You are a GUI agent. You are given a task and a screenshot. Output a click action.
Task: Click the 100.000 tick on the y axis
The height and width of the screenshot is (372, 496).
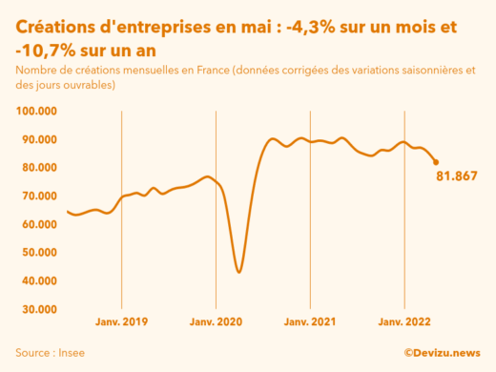[x=34, y=112]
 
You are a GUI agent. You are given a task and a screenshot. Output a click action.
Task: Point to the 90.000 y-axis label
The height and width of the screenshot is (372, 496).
[x=36, y=140]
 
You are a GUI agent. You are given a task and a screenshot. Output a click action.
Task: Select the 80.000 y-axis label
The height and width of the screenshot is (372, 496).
[x=36, y=168]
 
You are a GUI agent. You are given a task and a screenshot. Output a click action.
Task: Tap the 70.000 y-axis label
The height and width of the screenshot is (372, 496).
[x=36, y=196]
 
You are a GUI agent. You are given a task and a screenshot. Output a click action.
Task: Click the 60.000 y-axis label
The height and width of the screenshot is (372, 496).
[x=36, y=225]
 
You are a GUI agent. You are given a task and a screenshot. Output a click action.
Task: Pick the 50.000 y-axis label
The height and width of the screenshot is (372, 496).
[x=36, y=253]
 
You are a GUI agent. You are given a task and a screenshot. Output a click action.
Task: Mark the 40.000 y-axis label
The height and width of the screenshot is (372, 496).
[x=36, y=281]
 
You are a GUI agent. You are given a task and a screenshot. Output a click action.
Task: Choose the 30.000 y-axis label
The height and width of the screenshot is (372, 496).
[x=36, y=310]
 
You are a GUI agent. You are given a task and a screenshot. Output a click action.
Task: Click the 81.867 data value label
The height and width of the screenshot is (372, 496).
[x=456, y=176]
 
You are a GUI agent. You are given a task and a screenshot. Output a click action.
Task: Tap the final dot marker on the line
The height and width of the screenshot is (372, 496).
[x=437, y=162]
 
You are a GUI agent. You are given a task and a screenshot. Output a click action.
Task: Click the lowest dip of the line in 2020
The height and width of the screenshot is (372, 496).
[x=238, y=272]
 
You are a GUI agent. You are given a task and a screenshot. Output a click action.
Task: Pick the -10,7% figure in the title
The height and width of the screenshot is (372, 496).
[x=49, y=47]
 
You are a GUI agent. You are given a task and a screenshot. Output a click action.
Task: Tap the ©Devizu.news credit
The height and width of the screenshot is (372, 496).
[x=442, y=353]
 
